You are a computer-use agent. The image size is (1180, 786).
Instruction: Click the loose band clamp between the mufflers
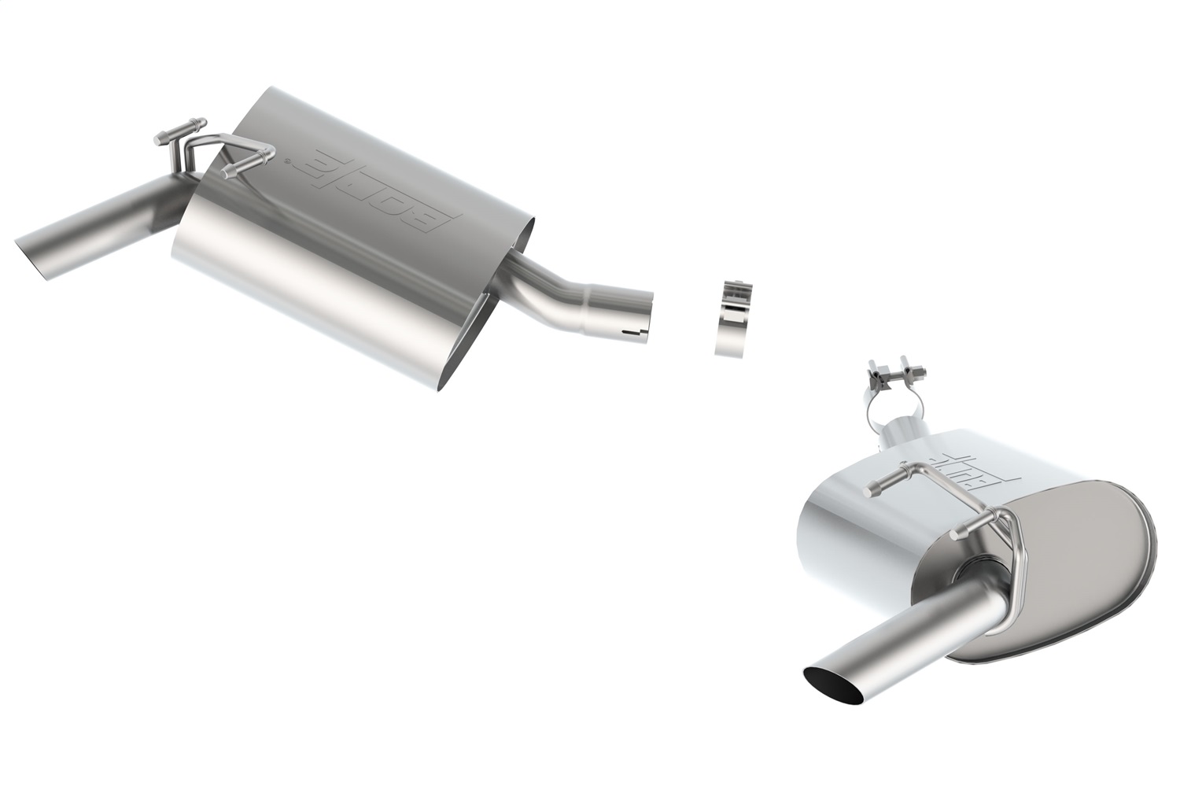[731, 317]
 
